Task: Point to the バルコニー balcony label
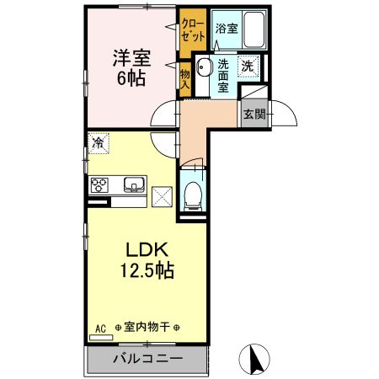147,359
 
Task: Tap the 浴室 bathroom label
227,29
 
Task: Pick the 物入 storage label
185,78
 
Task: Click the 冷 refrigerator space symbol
99,143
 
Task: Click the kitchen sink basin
134,184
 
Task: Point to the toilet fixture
192,196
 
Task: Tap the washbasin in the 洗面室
202,67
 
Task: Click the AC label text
99,328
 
